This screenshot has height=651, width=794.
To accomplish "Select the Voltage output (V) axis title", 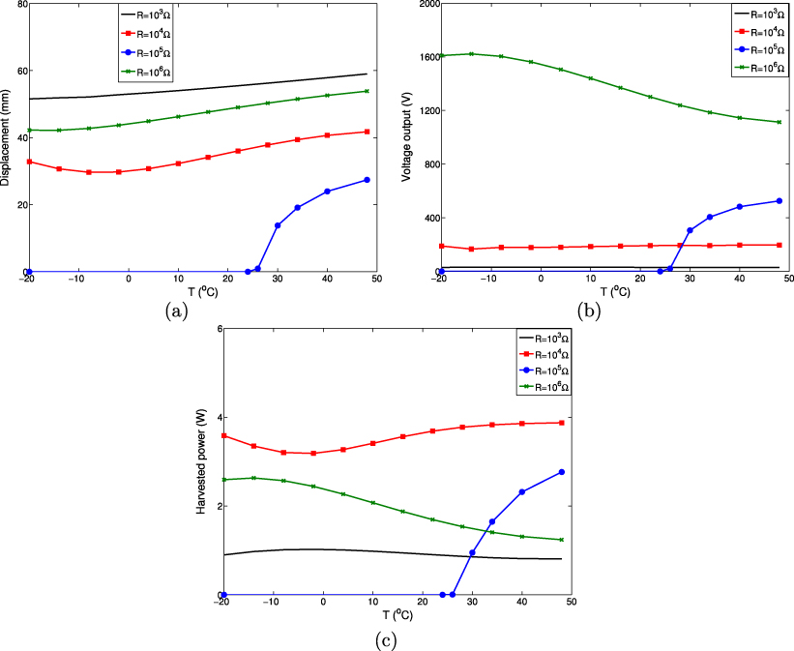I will pos(409,137).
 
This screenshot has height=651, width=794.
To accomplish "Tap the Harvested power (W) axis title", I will pos(203,463).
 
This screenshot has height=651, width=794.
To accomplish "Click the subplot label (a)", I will pos(177,311).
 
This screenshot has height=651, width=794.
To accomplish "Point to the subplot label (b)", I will pos(590,311).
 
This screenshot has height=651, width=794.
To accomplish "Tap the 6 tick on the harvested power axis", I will pos(220,330).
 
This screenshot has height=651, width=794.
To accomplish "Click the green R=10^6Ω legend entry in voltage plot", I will pos(757,67).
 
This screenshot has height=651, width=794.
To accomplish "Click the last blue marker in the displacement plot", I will pos(366,180).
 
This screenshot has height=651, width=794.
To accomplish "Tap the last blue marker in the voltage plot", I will pos(779,201).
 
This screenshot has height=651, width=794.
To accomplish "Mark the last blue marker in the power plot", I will pos(561,472).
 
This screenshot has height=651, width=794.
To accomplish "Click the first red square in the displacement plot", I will pos(30,162).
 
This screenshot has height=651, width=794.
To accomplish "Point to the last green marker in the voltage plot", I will pos(779,122).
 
